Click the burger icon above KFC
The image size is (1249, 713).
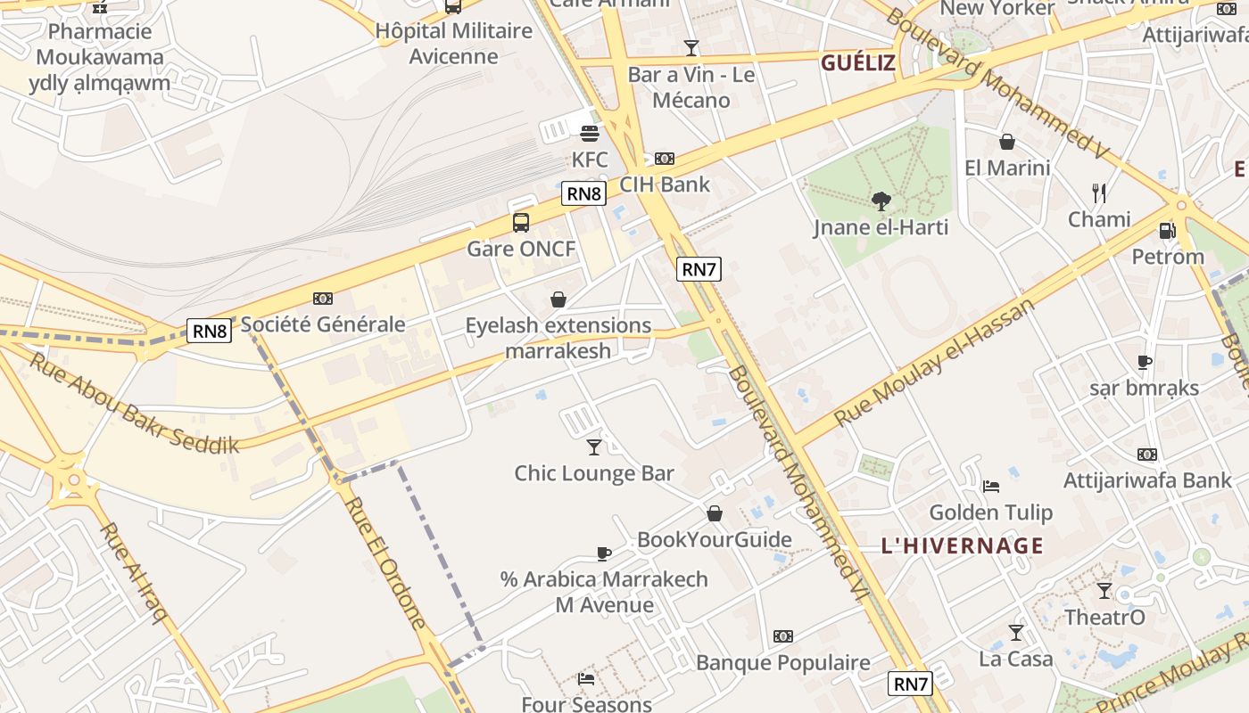[589, 134]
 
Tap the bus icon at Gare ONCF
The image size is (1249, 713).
[521, 223]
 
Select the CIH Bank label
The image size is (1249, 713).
[665, 184]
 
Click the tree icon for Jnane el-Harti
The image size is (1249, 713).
[881, 201]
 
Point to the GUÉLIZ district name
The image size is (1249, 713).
[857, 62]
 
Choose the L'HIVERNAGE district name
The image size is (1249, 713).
[962, 545]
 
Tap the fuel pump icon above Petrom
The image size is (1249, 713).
[1167, 231]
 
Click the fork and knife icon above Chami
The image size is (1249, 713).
[1099, 193]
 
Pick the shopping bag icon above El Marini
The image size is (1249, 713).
[1007, 142]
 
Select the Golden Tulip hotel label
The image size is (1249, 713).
[990, 512]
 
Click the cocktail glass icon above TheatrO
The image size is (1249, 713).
[1104, 590]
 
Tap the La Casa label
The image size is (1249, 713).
[1015, 659]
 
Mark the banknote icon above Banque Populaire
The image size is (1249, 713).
[782, 636]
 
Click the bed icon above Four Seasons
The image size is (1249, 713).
[586, 679]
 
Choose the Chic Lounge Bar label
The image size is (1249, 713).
[594, 473]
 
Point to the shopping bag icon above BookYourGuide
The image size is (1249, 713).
[714, 513]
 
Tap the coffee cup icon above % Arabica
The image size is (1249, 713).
[604, 553]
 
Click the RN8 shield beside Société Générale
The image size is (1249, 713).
[210, 332]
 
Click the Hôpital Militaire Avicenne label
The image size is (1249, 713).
[453, 43]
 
